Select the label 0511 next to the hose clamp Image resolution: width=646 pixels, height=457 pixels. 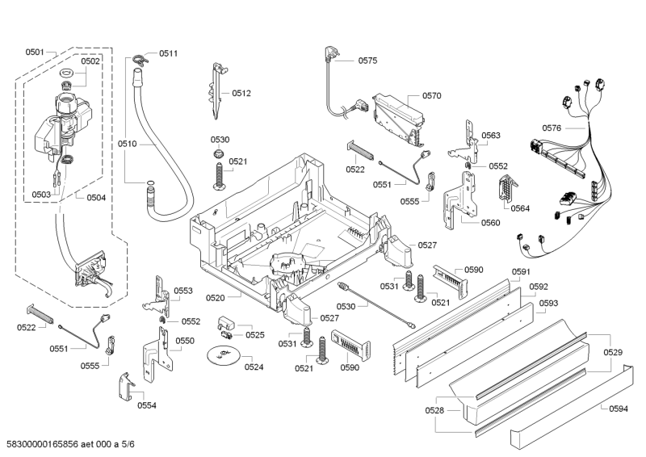(168, 53)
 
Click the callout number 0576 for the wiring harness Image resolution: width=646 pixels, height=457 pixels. (552, 128)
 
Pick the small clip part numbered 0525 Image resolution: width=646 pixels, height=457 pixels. (226, 327)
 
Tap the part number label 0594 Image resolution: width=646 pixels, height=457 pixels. (618, 409)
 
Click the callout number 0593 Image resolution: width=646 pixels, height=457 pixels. (548, 304)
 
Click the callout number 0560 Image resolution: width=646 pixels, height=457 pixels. (490, 223)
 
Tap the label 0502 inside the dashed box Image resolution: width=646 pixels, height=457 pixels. (90, 61)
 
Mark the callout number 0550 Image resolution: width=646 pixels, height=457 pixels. (185, 341)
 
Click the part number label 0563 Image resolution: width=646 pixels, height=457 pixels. (491, 136)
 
